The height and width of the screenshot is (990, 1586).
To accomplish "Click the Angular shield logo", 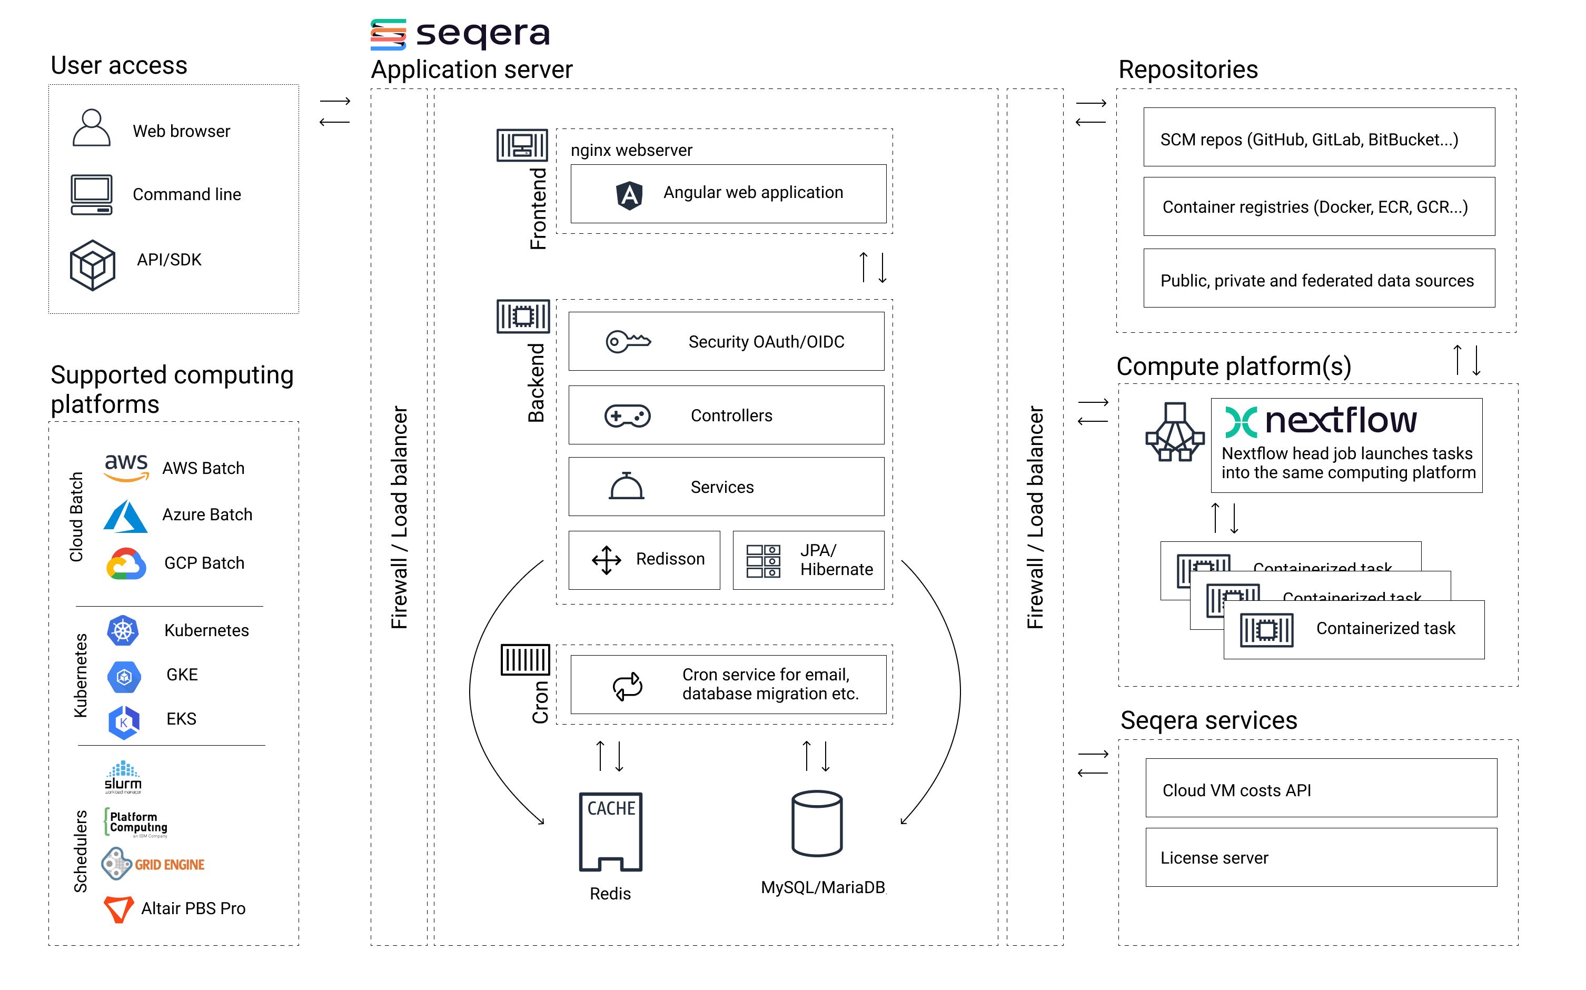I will tap(629, 194).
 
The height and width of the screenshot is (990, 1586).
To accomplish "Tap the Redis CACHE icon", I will tap(610, 831).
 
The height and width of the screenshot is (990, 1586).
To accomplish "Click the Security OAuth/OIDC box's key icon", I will tap(628, 341).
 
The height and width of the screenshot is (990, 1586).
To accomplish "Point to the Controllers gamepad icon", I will tap(627, 416).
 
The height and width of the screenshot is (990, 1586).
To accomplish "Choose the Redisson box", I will tap(644, 560).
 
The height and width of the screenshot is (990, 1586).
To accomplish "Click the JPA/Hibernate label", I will tap(836, 560).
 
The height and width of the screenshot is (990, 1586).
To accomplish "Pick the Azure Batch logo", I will tap(125, 516).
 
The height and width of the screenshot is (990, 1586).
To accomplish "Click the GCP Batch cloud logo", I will tap(126, 564).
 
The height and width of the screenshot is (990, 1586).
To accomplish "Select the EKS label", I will tap(181, 719).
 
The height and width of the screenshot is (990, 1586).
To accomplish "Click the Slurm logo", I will tap(123, 777).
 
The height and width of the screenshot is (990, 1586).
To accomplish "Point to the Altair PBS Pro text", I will tap(193, 908).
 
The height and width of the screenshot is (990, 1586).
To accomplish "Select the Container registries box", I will tap(1319, 207).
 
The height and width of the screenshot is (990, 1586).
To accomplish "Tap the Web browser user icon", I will tap(91, 128).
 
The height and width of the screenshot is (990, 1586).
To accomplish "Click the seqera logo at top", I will tap(460, 34).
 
